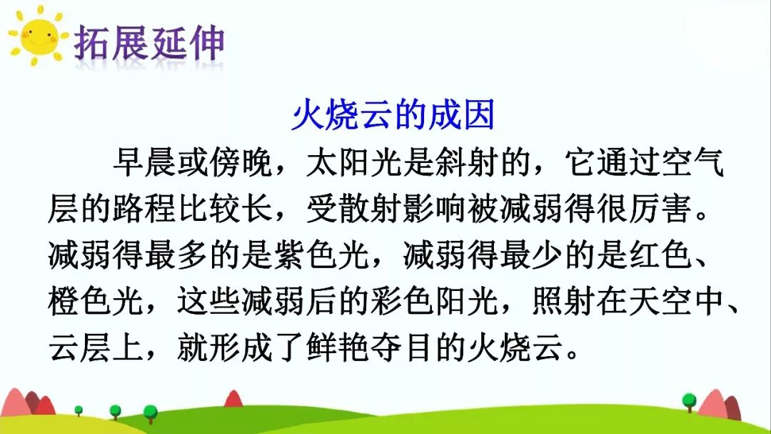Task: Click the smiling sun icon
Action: click(38, 37)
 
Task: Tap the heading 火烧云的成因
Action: click(393, 115)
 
